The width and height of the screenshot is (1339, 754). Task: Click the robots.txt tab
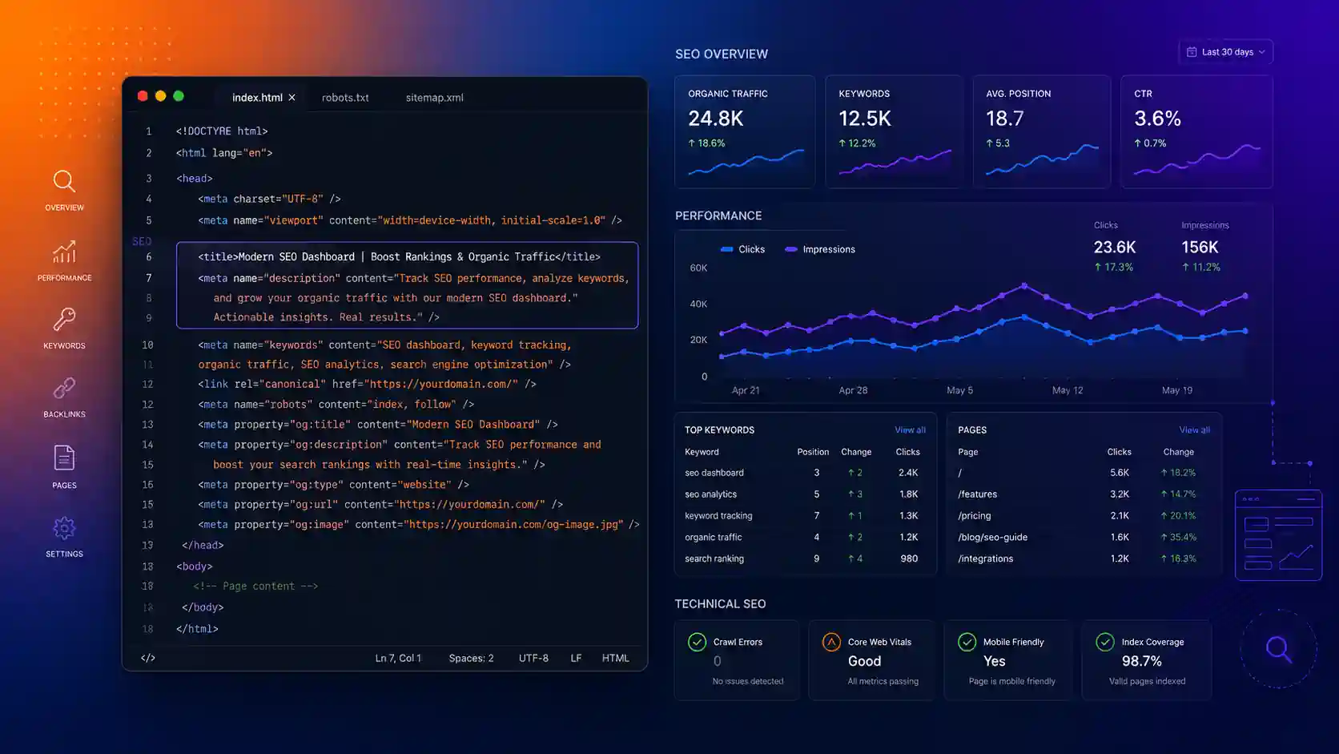pos(345,98)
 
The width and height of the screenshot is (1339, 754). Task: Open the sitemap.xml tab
pos(434,98)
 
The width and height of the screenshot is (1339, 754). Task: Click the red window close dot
pos(143,96)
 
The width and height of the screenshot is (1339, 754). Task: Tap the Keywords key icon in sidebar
pos(64,319)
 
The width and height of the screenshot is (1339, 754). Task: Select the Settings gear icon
pos(64,528)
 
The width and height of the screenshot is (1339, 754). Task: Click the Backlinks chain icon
pos(64,388)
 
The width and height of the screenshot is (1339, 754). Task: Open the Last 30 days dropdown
pos(1225,52)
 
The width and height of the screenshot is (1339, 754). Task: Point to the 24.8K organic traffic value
pos(715,119)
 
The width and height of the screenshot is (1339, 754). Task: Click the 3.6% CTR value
pos(1157,119)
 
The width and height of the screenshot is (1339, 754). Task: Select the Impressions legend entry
pos(819,249)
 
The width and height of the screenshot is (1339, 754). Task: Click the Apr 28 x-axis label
pos(853,390)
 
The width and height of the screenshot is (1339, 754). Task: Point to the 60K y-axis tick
pos(698,268)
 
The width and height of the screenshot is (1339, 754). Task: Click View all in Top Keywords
pos(910,430)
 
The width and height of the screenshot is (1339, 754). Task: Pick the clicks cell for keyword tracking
pos(908,515)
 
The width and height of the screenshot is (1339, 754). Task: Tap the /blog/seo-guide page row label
pos(992,537)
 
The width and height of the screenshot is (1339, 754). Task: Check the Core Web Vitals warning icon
pos(831,642)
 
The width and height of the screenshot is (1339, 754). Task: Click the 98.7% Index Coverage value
pos(1141,661)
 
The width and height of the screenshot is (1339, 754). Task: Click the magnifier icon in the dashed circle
pos(1279,649)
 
